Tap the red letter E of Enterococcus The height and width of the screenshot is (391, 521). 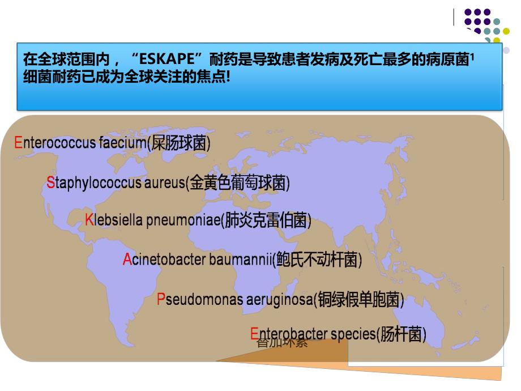point(18,142)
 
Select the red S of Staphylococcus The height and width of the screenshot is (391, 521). point(50,182)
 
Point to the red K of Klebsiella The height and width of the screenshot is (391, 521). point(89,220)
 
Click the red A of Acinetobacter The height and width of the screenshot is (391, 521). point(127,260)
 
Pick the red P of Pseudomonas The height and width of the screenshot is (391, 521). point(161,299)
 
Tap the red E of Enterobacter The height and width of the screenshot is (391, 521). point(254,334)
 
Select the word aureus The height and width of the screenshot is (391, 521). point(166,182)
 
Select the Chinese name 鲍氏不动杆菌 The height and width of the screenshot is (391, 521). point(317,260)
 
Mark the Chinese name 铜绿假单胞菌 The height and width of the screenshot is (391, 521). point(359,299)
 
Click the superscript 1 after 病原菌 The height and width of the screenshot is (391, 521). point(472,55)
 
